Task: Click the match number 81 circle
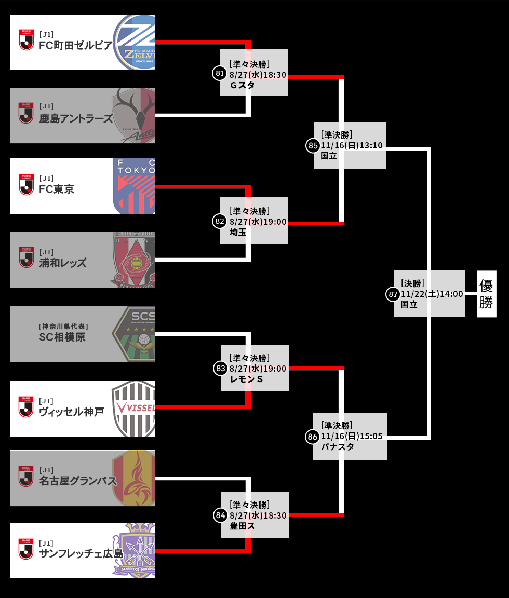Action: coord(219,73)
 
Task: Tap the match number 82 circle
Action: coord(220,221)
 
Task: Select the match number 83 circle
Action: coord(220,368)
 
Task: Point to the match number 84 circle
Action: coord(220,515)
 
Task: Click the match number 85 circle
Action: coord(313,146)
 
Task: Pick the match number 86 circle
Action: coord(312,437)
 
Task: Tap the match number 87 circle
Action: coord(393,294)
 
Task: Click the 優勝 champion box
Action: coord(486,294)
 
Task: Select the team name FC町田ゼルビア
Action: coord(76,46)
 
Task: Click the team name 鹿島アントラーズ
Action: coord(76,119)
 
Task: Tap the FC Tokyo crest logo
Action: coord(135,186)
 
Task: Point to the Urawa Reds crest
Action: coord(133,260)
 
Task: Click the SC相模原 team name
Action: coord(62,337)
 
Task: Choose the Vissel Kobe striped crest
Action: coord(135,408)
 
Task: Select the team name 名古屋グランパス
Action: coord(78,481)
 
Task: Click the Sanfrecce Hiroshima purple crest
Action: coord(135,550)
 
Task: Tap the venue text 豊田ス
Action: coord(242,526)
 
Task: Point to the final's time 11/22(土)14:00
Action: coord(432,294)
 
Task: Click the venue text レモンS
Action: coord(246,379)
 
